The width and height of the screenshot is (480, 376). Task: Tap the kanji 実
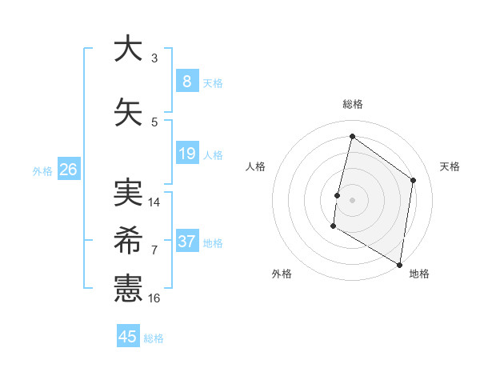click(128, 193)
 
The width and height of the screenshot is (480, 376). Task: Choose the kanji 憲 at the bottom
click(128, 289)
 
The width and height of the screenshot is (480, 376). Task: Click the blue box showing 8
click(186, 81)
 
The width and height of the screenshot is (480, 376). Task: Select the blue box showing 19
click(186, 154)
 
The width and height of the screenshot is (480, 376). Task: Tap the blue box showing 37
click(186, 242)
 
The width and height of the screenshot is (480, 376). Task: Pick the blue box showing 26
click(68, 170)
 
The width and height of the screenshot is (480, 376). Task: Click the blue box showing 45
click(128, 337)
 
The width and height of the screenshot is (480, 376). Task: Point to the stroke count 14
click(154, 202)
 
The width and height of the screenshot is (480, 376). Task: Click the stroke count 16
click(154, 298)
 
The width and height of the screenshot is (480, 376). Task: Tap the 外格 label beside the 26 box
click(42, 170)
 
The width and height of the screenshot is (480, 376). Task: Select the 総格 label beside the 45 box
click(154, 338)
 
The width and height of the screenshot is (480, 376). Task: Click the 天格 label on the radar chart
click(450, 166)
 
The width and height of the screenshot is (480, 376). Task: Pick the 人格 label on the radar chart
click(255, 166)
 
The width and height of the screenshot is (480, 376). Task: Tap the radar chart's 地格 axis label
click(419, 274)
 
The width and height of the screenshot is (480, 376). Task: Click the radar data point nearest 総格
click(352, 137)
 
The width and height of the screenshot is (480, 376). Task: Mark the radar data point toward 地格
click(399, 264)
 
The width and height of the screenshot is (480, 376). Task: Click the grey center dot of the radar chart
click(352, 200)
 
